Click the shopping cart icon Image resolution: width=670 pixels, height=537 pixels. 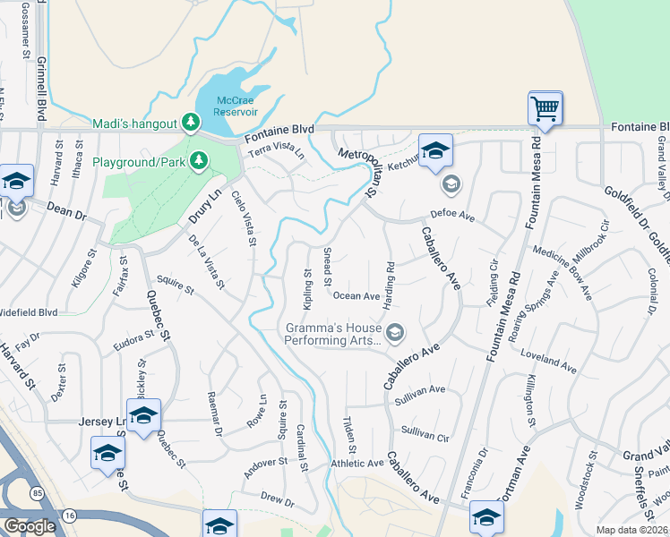click(x=545, y=109)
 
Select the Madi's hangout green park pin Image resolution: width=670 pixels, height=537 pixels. click(x=190, y=123)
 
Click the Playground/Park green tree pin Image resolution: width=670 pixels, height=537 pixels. click(x=199, y=162)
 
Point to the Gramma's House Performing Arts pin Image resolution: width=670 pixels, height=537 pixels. click(x=396, y=333)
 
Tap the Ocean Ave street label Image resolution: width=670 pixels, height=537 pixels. click(x=356, y=296)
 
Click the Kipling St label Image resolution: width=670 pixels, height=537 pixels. click(x=307, y=291)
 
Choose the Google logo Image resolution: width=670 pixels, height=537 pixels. click(x=29, y=526)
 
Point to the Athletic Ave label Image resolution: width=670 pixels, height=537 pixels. click(x=356, y=463)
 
